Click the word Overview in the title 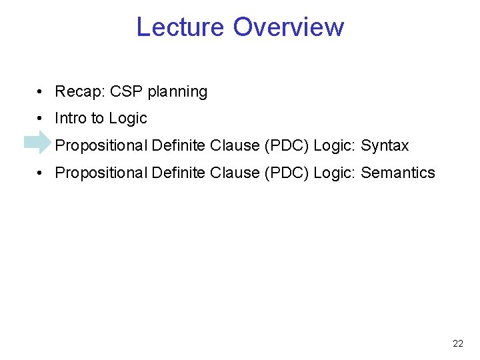(289, 27)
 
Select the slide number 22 (458, 344)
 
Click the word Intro (71, 119)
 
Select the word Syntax (385, 146)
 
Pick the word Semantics (398, 173)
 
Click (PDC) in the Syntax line (286, 146)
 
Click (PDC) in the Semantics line (286, 173)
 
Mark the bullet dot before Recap (41, 92)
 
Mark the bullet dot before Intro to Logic (41, 119)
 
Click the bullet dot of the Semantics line (41, 173)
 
